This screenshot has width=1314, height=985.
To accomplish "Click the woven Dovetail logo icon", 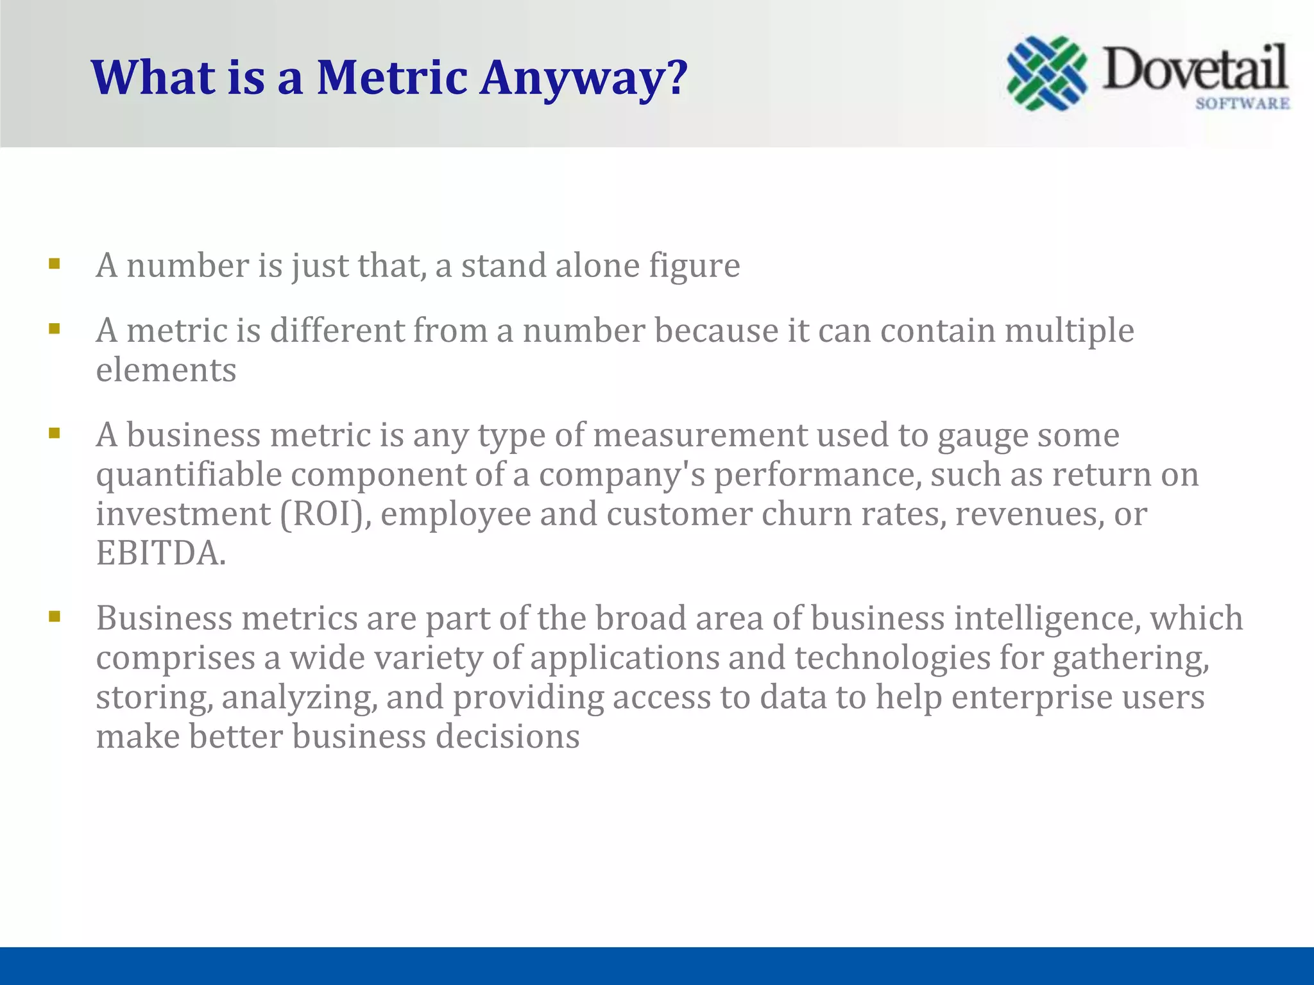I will click(x=1046, y=73).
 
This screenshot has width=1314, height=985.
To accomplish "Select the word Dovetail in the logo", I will click(x=1195, y=69).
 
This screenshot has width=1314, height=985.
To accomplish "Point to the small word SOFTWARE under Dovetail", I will click(x=1242, y=104).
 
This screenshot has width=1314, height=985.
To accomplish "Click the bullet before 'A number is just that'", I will click(x=55, y=264).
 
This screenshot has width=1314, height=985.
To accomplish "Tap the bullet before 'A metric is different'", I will click(x=55, y=329).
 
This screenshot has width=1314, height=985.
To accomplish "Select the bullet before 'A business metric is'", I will click(x=55, y=434).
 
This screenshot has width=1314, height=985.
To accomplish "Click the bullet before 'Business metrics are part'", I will click(x=55, y=617).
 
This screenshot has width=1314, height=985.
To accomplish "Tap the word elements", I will click(x=166, y=371).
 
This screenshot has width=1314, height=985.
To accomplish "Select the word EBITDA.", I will click(x=160, y=553).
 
